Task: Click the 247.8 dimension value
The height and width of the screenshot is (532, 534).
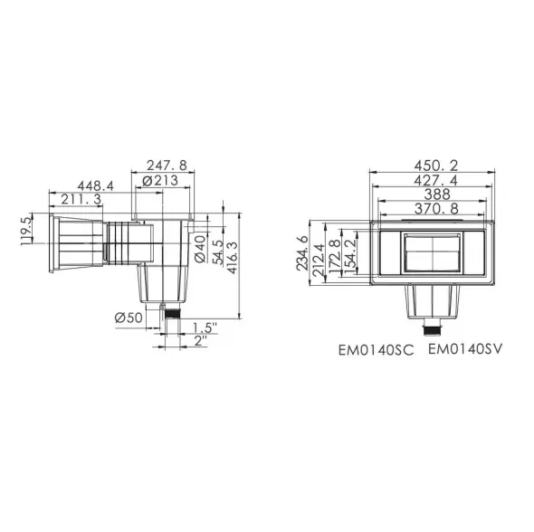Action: click(x=167, y=166)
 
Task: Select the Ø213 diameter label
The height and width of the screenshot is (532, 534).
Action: click(x=160, y=180)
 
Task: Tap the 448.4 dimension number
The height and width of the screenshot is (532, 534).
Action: click(x=95, y=185)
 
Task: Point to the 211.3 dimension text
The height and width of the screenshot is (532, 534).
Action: click(x=81, y=199)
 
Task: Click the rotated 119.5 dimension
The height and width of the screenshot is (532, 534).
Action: click(x=26, y=232)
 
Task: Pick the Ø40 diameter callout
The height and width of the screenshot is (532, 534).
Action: click(x=200, y=249)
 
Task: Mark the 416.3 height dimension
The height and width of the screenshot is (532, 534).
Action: click(x=233, y=258)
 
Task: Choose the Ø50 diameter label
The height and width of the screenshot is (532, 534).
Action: click(x=129, y=318)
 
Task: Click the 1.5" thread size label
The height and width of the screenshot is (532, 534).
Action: click(x=205, y=328)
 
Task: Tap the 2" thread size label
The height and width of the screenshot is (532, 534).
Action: click(x=201, y=341)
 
